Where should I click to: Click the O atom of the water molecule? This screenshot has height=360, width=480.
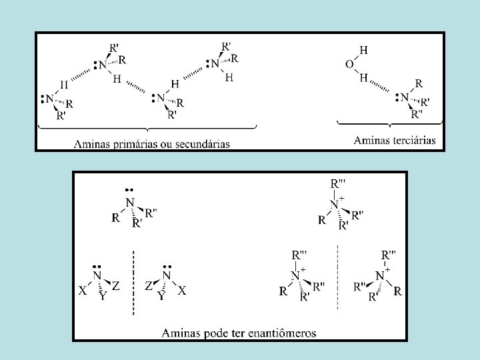[350, 64]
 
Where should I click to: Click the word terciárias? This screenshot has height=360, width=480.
[412, 140]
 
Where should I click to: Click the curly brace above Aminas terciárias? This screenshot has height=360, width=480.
[388, 124]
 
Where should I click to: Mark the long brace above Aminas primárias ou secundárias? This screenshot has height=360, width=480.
[147, 126]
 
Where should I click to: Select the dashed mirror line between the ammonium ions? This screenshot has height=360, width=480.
[338, 277]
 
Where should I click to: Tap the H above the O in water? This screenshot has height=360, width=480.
[363, 50]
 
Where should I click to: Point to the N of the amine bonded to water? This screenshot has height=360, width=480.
[404, 97]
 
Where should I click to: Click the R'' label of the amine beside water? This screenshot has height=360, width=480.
[417, 114]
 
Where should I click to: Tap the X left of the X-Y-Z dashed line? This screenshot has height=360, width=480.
[83, 291]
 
